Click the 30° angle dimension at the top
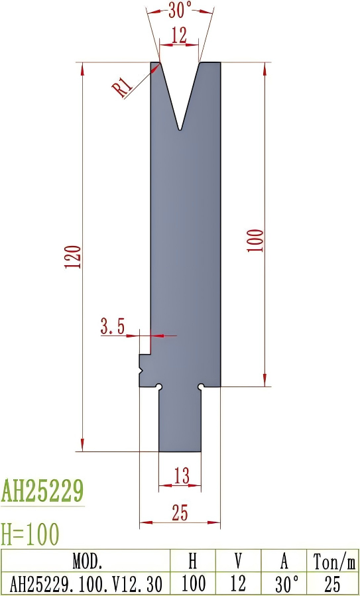(179, 9)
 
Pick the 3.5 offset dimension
(113, 326)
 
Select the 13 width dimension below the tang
(181, 475)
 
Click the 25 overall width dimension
(180, 512)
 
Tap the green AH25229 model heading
(42, 492)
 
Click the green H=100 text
(30, 533)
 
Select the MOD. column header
(86, 562)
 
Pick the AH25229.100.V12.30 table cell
(86, 584)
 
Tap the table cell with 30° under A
(284, 584)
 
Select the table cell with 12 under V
(238, 584)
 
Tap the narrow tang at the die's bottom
(180, 421)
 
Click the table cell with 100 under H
(192, 584)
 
